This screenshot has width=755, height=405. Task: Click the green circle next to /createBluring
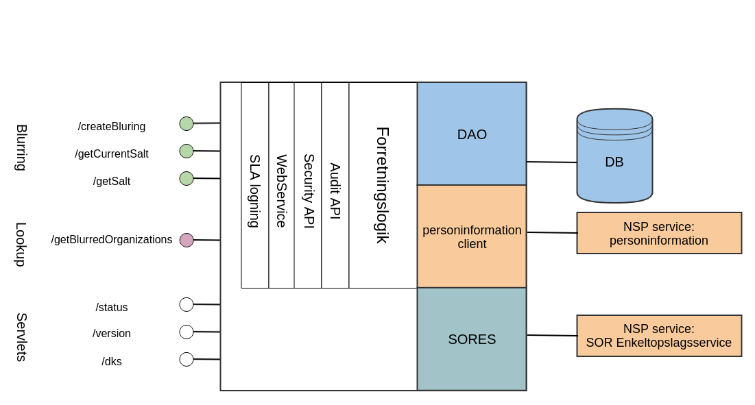coord(187,123)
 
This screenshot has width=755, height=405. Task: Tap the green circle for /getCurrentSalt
coord(187,151)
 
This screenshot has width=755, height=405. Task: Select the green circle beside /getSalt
coord(187,178)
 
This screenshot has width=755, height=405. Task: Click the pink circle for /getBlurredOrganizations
coord(187,240)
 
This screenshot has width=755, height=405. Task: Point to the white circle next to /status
coord(187,304)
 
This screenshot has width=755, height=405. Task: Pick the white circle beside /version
coord(187,332)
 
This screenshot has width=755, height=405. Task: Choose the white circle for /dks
coord(187,359)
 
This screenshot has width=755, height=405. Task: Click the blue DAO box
coord(472,134)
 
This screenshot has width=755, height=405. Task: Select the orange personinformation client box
coord(472,236)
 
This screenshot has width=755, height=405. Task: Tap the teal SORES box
coord(472,339)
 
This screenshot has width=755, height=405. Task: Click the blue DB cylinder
coord(614,162)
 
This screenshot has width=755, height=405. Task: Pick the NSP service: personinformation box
coord(659,233)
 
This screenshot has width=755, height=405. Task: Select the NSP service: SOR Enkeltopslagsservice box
coord(659,336)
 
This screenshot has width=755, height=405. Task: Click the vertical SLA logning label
coord(254,191)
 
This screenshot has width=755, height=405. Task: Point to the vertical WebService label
coord(281,191)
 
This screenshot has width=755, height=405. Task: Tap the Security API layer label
coord(309,191)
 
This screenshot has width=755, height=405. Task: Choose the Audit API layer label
coord(335,191)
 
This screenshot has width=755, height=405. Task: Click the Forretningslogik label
coord(383,185)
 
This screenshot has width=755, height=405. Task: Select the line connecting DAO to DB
coord(551,162)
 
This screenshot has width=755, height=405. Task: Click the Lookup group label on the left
coord(21,244)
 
